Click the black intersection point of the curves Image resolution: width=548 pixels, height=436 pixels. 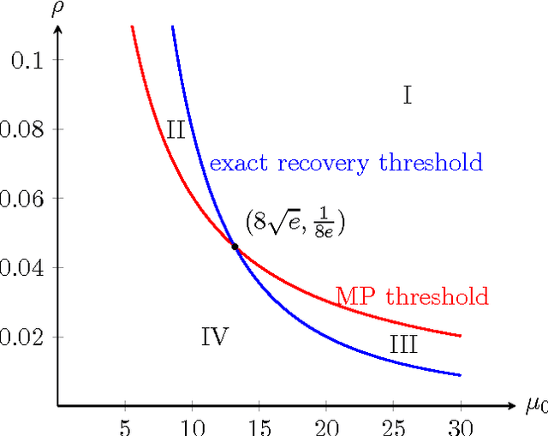[x=235, y=247]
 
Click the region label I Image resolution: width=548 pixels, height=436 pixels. [x=408, y=95]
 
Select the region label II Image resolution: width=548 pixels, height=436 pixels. [x=176, y=130]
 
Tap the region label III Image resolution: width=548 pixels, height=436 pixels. [x=403, y=345]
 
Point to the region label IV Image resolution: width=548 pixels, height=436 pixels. [x=214, y=337]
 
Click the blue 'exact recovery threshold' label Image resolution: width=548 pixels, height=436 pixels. [x=346, y=163]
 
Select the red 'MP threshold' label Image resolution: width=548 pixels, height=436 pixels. [x=412, y=297]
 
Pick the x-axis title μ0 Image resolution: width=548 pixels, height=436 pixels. [x=535, y=406]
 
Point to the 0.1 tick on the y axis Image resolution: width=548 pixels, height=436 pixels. [x=27, y=60]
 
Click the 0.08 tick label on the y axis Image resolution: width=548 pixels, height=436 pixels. [x=21, y=129]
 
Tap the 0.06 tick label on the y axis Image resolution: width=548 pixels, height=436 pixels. [x=21, y=199]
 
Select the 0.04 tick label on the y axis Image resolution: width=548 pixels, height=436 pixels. [x=21, y=268]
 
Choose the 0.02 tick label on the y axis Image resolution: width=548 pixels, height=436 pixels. [x=21, y=337]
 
